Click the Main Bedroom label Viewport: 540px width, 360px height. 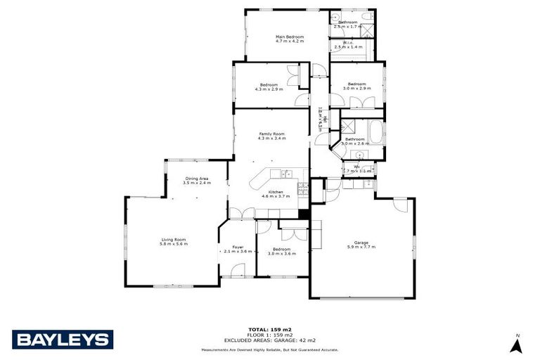click(x=289, y=37)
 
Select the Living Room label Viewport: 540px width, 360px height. click(x=174, y=239)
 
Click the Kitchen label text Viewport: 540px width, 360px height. click(x=275, y=192)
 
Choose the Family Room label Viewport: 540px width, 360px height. click(x=271, y=134)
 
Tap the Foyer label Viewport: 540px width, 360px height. click(x=238, y=247)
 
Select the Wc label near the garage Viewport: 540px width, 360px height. click(x=356, y=167)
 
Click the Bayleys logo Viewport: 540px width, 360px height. click(x=62, y=340)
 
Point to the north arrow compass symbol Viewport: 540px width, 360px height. click(x=516, y=345)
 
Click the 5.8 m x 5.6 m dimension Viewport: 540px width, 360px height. click(x=174, y=244)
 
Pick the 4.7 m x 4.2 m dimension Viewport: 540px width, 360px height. click(x=289, y=41)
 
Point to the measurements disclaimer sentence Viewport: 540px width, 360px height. click(x=270, y=349)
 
